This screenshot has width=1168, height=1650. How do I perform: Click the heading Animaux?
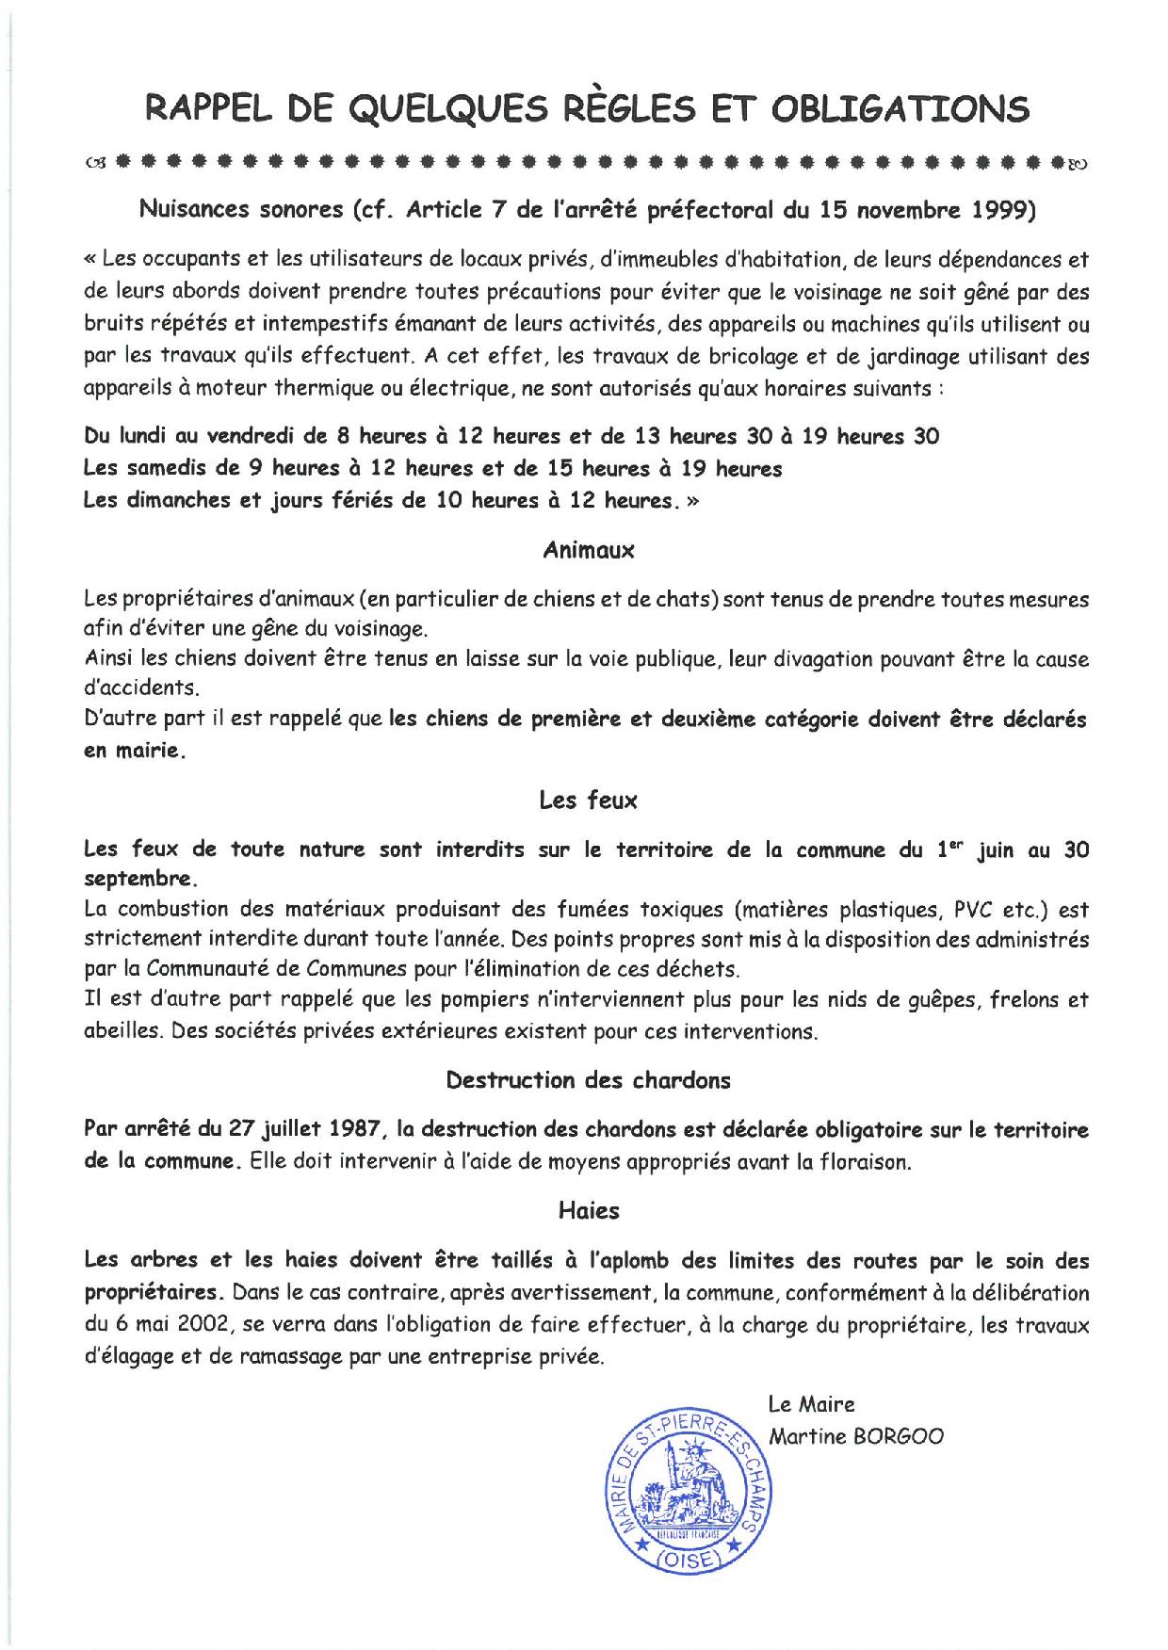589,551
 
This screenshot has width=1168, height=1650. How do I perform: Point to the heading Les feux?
589,801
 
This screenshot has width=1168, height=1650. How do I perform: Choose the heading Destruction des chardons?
589,1080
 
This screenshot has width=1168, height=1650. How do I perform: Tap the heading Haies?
589,1210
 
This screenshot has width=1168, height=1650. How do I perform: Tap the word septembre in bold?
138,880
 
